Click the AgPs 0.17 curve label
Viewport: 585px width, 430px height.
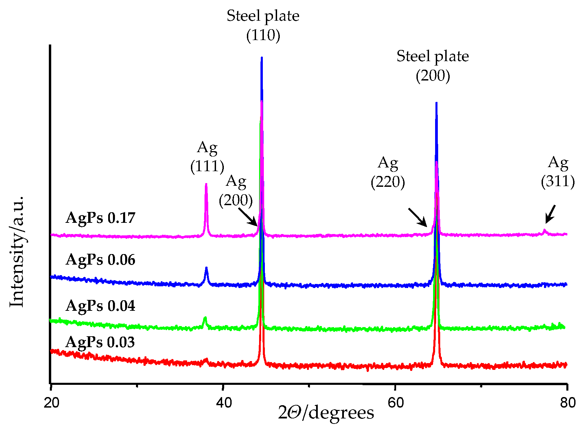pos(100,218)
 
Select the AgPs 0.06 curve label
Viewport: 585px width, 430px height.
pos(100,260)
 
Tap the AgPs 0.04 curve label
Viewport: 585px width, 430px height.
pos(100,306)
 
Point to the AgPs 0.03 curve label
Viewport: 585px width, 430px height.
pos(100,342)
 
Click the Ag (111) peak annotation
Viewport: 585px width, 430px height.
pos(207,157)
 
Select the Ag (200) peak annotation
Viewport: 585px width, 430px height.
pos(236,191)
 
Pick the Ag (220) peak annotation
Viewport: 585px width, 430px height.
pos(388,173)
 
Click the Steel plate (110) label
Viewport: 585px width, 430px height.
pos(263,25)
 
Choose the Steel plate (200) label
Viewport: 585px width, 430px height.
pos(433,66)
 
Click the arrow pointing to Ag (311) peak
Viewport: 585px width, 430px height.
pos(550,214)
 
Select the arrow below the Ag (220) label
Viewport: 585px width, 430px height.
pos(417,217)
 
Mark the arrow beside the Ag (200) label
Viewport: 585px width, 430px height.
pos(248,217)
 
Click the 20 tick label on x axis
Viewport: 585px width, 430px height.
pos(52,403)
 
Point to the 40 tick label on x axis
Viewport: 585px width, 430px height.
pos(224,403)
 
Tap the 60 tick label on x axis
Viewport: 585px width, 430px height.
pos(396,403)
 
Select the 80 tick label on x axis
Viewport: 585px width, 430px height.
pos(568,403)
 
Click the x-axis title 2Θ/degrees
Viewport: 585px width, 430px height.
pos(326,413)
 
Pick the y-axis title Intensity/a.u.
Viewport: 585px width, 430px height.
pos(17,252)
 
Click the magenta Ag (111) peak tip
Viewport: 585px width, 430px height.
pos(206,184)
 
